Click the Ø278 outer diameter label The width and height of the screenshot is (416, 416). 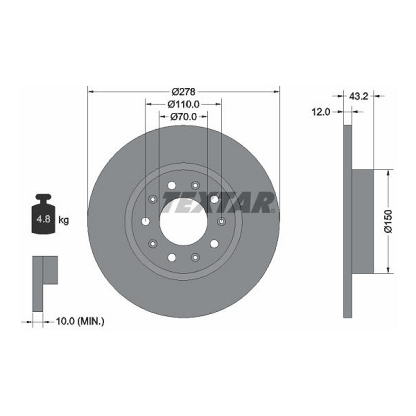(x=183, y=92)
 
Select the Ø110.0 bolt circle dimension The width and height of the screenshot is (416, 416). (x=183, y=104)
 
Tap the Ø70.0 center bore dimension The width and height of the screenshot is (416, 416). (x=183, y=117)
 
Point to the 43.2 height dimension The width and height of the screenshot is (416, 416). (x=358, y=96)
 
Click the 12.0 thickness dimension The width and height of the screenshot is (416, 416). (x=321, y=112)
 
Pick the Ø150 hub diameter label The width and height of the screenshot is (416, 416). (x=389, y=221)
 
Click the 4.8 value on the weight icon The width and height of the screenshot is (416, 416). (x=43, y=219)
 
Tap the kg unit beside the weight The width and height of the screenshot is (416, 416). (x=64, y=220)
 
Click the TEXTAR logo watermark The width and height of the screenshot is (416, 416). (x=218, y=202)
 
